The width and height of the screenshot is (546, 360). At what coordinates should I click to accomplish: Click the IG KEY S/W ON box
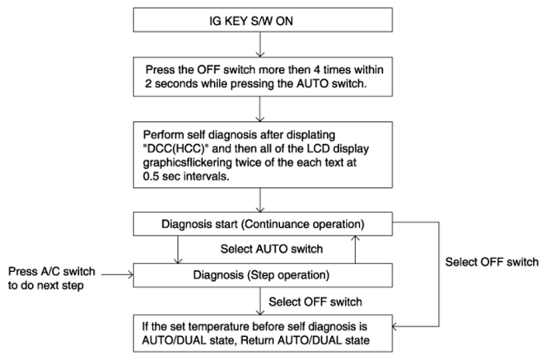click(263, 21)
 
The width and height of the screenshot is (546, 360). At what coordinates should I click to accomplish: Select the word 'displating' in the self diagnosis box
click(308, 135)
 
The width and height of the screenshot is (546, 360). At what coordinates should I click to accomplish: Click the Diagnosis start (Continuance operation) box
click(263, 224)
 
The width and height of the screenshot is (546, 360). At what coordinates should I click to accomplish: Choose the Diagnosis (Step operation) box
click(263, 275)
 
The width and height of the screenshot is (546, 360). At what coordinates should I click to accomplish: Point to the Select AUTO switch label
click(272, 249)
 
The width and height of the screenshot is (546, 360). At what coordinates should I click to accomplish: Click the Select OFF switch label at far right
click(492, 262)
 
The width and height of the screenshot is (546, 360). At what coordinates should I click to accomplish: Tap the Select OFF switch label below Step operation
click(315, 302)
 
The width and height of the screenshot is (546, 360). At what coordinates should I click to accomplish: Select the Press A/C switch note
click(52, 278)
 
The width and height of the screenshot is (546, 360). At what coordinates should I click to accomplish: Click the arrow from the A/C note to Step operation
click(117, 274)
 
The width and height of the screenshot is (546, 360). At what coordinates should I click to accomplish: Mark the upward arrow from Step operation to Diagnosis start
click(355, 250)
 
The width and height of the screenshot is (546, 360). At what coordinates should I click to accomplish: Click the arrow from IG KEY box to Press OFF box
click(259, 44)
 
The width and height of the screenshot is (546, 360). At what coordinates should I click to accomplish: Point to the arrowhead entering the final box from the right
click(394, 326)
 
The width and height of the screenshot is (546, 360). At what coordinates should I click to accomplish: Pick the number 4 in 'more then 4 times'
click(316, 70)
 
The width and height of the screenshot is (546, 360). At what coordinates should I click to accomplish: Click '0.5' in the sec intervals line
click(150, 176)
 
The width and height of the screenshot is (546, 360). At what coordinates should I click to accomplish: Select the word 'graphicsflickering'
click(187, 162)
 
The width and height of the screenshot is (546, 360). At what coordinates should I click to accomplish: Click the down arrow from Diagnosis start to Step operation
click(178, 250)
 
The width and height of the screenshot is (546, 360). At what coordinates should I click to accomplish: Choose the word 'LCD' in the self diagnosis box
click(318, 148)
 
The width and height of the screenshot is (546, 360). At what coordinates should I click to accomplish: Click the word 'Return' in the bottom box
click(257, 340)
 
